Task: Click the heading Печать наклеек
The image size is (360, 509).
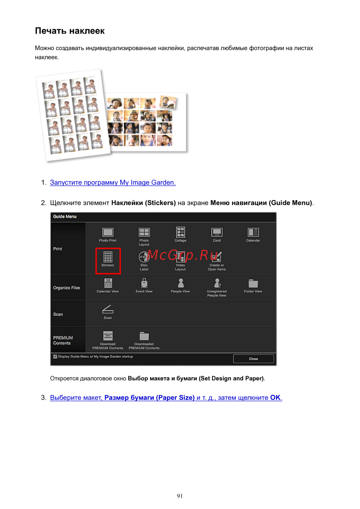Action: coord(70,31)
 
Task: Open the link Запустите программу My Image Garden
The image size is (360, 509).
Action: coord(113,183)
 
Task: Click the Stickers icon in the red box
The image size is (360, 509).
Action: coord(108,257)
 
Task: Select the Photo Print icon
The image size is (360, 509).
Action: coord(108,232)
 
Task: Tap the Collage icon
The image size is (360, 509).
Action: coord(180,232)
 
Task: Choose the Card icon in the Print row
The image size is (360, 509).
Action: coord(217,232)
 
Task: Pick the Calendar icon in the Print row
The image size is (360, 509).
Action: coord(253,232)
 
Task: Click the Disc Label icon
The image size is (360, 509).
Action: coord(144,257)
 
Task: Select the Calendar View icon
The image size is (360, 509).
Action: coord(108,283)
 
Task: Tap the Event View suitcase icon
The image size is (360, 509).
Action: coord(144,283)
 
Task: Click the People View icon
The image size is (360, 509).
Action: coord(181,283)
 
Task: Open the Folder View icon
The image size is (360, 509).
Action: coord(253,283)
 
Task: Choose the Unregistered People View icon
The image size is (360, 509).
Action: coord(217,283)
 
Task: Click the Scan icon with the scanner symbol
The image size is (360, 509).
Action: coord(108,309)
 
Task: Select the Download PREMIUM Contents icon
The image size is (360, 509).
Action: coord(108,336)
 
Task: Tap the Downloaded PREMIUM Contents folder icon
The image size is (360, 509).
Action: coord(144,336)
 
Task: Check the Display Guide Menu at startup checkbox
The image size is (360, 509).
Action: coord(55,356)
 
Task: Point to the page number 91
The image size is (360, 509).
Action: coord(180,496)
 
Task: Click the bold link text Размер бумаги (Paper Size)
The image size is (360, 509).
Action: coord(149,398)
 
